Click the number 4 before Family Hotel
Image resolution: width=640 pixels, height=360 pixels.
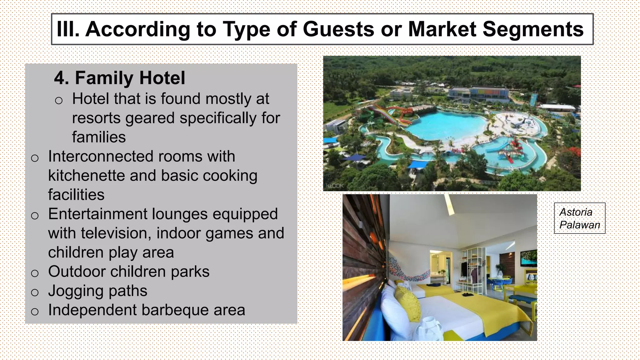click(61, 78)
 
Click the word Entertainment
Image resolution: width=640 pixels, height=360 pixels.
click(97, 214)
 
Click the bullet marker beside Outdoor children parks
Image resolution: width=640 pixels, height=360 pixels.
click(35, 273)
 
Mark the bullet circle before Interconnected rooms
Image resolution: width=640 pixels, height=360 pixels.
click(35, 158)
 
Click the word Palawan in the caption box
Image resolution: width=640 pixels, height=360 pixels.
click(580, 225)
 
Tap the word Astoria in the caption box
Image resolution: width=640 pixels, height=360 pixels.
click(576, 212)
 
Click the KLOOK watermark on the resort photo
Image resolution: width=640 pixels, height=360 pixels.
click(335, 186)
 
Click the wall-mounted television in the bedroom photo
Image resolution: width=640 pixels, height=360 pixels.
click(528, 258)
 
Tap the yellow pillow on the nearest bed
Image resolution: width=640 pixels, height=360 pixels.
click(408, 303)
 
